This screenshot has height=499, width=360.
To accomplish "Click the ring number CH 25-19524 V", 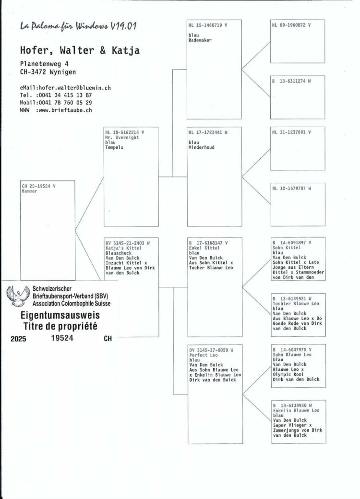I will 39,186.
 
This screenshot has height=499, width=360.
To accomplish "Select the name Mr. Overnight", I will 122,137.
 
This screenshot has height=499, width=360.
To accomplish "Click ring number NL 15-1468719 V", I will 208,24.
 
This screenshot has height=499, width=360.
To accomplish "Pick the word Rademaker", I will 200,40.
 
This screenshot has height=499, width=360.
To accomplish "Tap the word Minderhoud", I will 202,147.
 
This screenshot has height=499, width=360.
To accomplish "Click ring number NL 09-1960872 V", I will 291,24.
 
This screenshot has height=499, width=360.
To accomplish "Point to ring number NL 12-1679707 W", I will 291,188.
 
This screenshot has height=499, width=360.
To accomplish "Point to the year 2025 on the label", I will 19,338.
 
